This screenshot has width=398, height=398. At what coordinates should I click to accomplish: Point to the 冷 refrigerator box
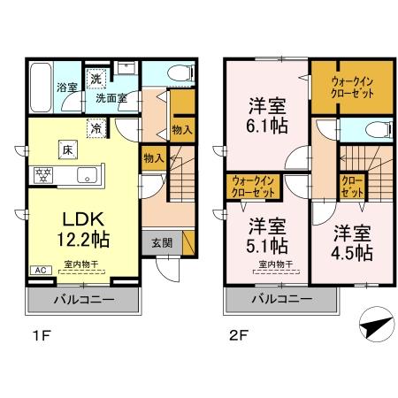(94, 127)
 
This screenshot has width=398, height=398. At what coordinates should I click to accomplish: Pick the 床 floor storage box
(67, 149)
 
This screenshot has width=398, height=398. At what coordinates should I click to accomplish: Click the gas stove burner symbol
(40, 172)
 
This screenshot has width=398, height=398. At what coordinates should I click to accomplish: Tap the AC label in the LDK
(40, 270)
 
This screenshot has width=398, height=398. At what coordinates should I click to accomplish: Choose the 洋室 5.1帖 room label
(266, 233)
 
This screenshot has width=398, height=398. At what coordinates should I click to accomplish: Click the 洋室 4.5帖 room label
(353, 243)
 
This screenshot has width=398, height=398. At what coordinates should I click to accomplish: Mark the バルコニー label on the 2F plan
(280, 299)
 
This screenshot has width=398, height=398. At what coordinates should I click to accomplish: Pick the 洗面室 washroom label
(111, 97)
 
